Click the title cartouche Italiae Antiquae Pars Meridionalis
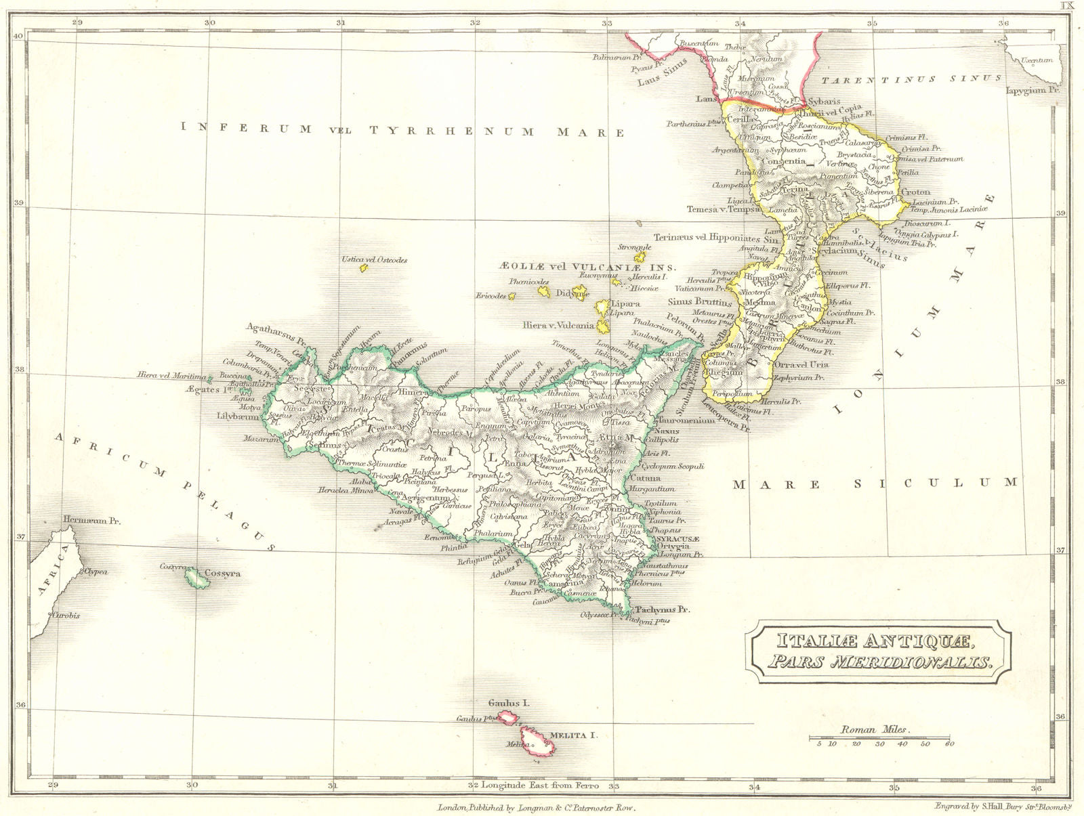point(879,651)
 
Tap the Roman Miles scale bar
point(879,737)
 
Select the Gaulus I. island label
point(512,704)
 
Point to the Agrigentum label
point(426,498)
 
